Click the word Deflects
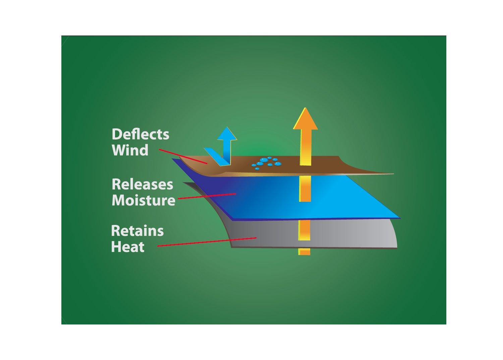pos(140,134)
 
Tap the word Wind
pos(130,150)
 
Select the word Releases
pos(143,184)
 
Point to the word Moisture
pos(144,200)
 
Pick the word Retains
pos(137,231)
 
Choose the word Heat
pos(128,247)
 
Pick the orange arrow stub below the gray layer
pos(304,252)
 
